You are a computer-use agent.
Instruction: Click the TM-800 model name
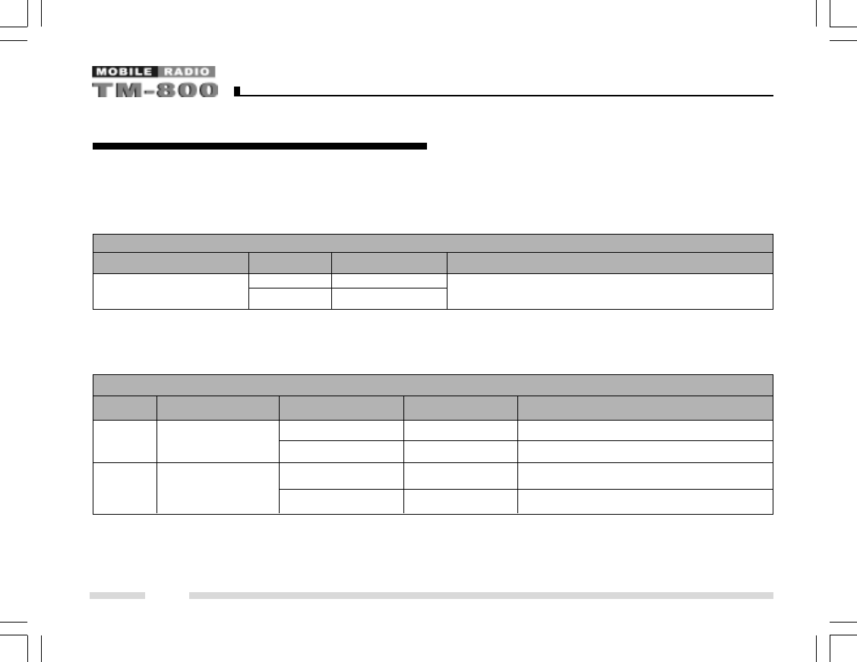155,90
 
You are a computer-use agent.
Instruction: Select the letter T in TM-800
102,90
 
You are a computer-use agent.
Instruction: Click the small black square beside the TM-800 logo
237,91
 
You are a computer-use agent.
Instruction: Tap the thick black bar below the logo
259,146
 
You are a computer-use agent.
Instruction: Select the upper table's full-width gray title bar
432,243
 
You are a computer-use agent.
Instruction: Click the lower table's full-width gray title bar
432,384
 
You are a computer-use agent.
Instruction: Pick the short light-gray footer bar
117,596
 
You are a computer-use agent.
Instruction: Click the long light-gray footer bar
481,596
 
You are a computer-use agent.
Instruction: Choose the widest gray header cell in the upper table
609,263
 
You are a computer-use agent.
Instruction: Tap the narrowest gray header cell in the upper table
290,263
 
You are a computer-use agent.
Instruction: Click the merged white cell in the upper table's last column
609,292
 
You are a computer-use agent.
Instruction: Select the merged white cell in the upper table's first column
171,292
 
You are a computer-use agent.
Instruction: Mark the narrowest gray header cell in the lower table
125,408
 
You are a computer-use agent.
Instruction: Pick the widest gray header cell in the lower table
645,408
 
